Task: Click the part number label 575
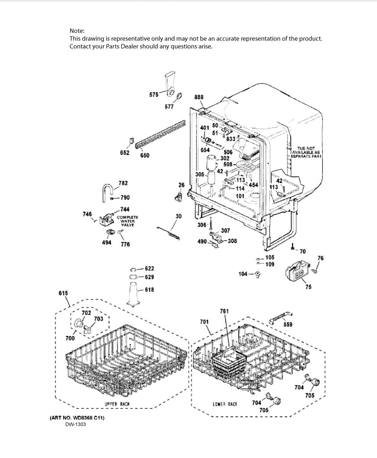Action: pos(154,94)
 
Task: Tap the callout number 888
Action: pos(199,97)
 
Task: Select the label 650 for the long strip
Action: pos(145,155)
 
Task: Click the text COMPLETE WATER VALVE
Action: pos(128,221)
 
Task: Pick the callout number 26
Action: pos(181,185)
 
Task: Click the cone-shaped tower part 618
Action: pos(134,294)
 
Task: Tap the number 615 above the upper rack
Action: pos(63,293)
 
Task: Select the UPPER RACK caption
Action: pos(117,404)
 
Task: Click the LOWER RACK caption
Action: pos(225,404)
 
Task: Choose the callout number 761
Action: pos(224,311)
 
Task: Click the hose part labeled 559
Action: pos(280,317)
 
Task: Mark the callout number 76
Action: pos(321,258)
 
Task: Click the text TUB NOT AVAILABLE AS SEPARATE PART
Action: pos(306,152)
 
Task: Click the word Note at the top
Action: pos(77,31)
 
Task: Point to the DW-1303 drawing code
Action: pos(76,424)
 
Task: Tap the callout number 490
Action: pos(202,242)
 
